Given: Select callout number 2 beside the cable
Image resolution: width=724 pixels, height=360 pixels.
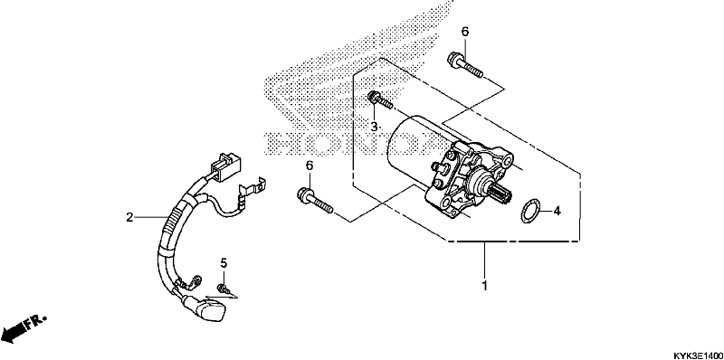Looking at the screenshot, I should tap(130, 217).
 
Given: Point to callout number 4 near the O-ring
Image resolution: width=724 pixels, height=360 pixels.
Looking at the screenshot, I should tap(557, 212).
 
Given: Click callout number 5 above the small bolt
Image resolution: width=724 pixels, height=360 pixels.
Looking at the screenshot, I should tap(221, 263).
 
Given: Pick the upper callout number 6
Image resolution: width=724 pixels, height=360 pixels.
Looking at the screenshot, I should tap(465, 33).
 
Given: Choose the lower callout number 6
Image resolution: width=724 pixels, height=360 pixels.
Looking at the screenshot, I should tap(309, 166).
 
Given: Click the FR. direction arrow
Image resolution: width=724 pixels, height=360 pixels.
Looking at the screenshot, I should tap(24, 327).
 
